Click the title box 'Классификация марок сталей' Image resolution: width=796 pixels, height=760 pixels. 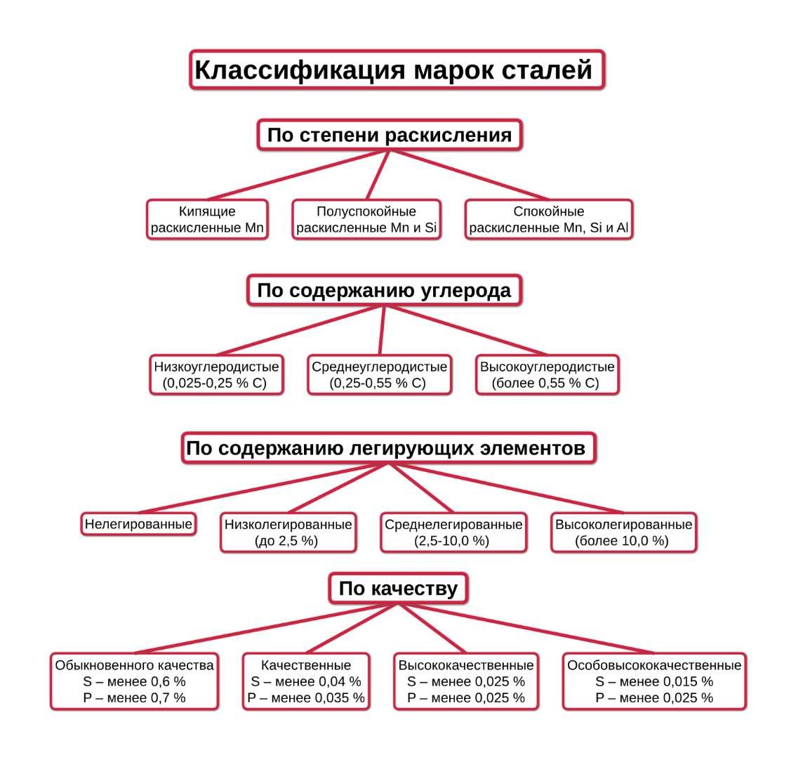coord(397,70)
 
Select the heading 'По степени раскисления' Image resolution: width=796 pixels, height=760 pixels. coord(390,134)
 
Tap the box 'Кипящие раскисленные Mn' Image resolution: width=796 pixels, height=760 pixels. coord(207,220)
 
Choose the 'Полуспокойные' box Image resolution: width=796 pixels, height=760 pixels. coord(366,220)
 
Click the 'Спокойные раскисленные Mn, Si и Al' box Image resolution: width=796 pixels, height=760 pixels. coord(548,220)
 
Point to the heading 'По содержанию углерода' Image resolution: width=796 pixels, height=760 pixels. coord(384,290)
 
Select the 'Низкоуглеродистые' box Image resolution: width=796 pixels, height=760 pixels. coord(216,375)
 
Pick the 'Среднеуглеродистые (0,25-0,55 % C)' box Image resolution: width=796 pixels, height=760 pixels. coord(379,375)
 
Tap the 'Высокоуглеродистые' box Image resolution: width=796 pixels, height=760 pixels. coord(547,375)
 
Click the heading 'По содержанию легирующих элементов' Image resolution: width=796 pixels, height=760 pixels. coord(388,448)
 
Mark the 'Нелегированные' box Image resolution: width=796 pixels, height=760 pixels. coord(138,524)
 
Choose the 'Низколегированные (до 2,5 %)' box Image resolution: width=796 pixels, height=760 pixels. coord(288,532)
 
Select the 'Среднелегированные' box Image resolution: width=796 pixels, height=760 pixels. coord(453,532)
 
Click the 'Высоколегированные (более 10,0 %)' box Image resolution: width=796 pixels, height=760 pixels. coord(623,532)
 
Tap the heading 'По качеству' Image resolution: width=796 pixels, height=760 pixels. coord(397,589)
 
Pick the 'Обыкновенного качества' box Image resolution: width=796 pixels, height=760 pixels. coord(134,681)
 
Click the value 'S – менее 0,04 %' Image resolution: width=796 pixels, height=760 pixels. coord(305,681)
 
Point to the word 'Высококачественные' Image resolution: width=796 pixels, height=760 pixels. coord(466,665)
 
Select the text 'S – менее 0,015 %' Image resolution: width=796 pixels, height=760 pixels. coord(654,681)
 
